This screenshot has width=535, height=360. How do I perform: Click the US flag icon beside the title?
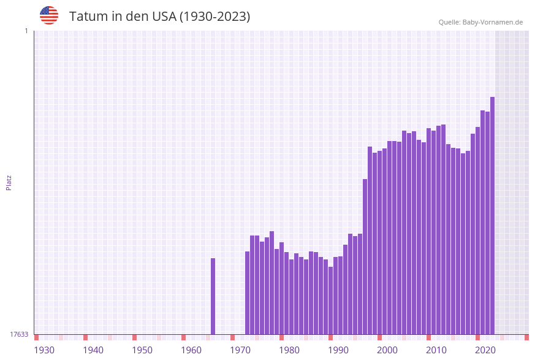(x=49, y=15)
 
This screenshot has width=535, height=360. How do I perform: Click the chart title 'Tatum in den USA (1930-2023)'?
(x=159, y=17)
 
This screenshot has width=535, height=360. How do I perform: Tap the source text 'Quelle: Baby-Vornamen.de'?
(x=480, y=22)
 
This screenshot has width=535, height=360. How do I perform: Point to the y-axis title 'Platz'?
(x=9, y=183)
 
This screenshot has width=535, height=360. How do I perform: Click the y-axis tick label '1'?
(x=26, y=31)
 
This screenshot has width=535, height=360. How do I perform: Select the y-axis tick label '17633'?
(x=19, y=334)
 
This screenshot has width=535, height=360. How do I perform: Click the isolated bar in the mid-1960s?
(x=213, y=296)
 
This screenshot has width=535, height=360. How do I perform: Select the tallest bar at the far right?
(x=492, y=215)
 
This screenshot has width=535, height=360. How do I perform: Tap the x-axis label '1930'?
(x=44, y=350)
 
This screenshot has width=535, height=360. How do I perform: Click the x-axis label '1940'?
(x=93, y=350)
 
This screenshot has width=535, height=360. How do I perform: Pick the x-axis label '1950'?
(x=142, y=350)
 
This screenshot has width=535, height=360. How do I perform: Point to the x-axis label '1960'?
(x=191, y=350)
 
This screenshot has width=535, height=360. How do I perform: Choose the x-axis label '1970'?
(x=240, y=350)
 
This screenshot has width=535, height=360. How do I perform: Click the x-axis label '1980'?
(x=289, y=350)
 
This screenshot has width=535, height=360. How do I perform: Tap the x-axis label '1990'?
(x=338, y=350)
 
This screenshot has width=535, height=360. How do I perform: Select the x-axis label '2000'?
(x=387, y=350)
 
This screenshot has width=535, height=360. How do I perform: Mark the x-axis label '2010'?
(x=436, y=350)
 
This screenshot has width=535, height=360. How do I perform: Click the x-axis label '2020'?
(x=485, y=350)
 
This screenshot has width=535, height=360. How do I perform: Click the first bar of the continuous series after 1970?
(x=248, y=293)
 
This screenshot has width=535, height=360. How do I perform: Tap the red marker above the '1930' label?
(x=37, y=337)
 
